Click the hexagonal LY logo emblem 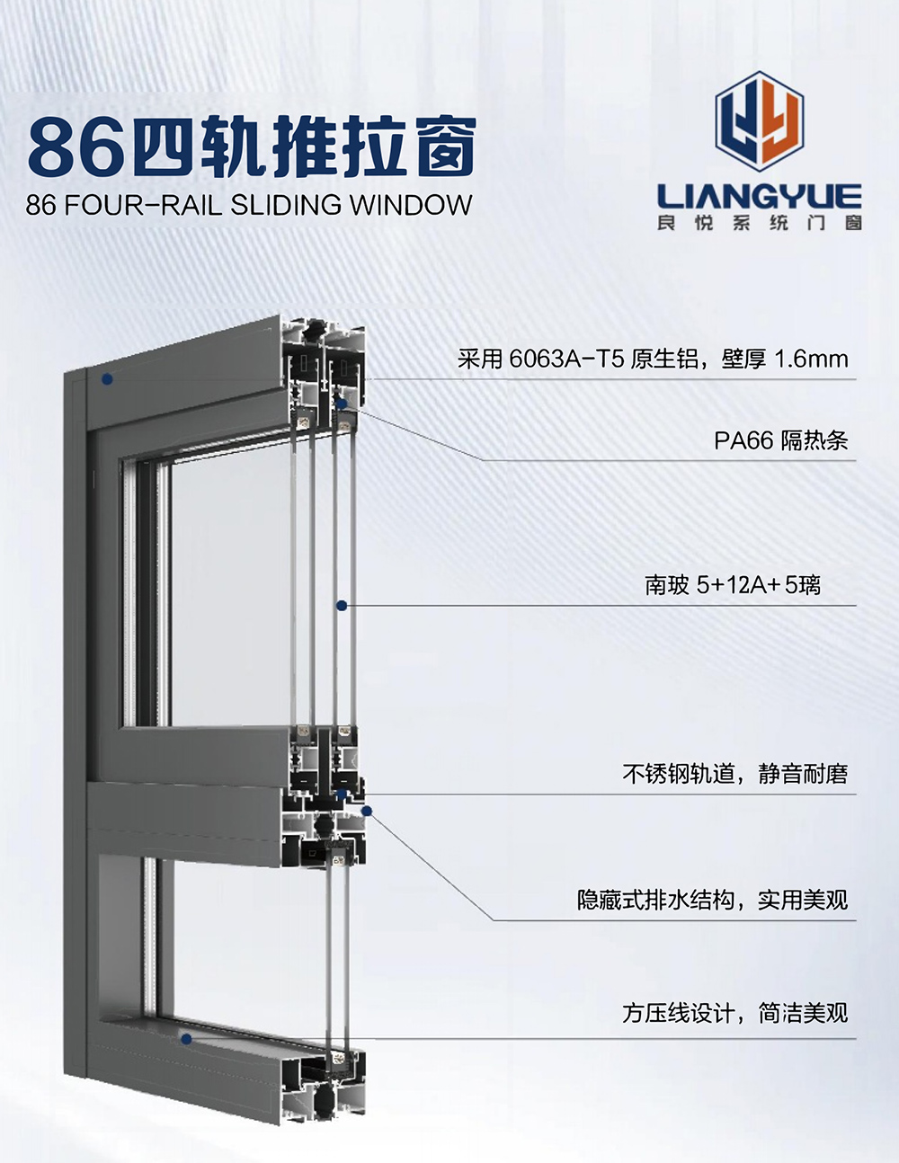760,121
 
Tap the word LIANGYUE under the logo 760,197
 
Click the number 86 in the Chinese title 73,148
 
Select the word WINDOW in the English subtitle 411,205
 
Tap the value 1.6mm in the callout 812,360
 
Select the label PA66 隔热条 781,440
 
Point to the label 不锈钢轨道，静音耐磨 735,774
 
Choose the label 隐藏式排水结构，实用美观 713,901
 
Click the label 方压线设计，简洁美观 735,1013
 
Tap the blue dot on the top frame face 108,379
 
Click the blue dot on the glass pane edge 342,605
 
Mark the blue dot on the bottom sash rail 186,1039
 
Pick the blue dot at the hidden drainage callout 367,812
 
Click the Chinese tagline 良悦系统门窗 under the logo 760,223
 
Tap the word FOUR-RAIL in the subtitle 143,205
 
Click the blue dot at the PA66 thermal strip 342,404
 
